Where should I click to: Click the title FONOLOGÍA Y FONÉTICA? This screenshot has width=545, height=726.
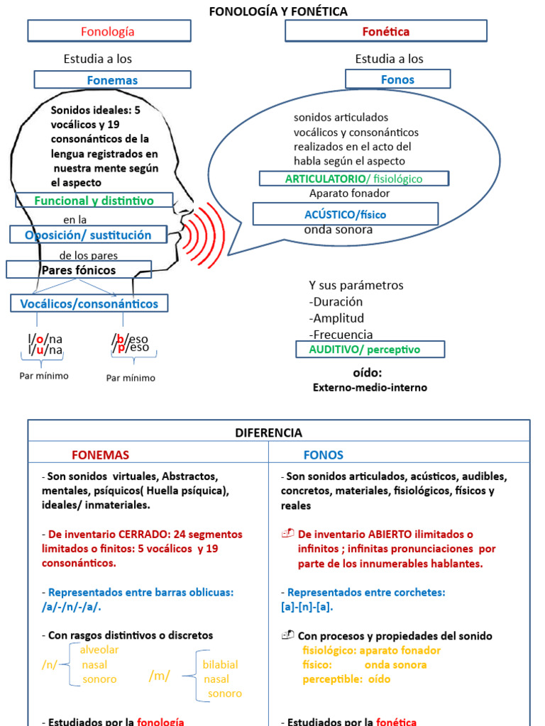pyautogui.click(x=277, y=11)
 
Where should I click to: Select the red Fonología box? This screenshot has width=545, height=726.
pyautogui.click(x=109, y=31)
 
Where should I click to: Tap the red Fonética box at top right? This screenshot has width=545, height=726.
pyautogui.click(x=385, y=31)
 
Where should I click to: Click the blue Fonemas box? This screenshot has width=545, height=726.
pyautogui.click(x=112, y=80)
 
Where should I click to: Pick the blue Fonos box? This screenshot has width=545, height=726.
pyautogui.click(x=397, y=79)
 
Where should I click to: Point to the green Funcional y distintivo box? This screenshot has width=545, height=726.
pyautogui.click(x=94, y=201)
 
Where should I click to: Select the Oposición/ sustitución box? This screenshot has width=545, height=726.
pyautogui.click(x=89, y=235)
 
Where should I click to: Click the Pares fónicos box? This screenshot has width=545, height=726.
pyautogui.click(x=79, y=270)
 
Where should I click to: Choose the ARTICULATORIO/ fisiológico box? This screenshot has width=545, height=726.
pyautogui.click(x=353, y=179)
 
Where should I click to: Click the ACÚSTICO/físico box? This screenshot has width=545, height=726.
pyautogui.click(x=346, y=214)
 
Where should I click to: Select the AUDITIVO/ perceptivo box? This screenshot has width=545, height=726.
pyautogui.click(x=370, y=350)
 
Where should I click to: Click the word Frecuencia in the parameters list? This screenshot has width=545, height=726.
pyautogui.click(x=341, y=335)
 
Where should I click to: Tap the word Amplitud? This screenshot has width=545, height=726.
pyautogui.click(x=338, y=318)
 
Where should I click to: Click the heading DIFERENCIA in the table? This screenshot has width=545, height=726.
pyautogui.click(x=268, y=432)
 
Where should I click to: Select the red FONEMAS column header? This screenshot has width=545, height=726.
pyautogui.click(x=101, y=455)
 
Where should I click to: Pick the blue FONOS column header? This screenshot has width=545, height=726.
pyautogui.click(x=324, y=455)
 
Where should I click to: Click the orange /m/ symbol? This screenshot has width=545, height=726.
pyautogui.click(x=160, y=676)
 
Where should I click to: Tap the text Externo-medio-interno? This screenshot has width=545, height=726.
pyautogui.click(x=370, y=388)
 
